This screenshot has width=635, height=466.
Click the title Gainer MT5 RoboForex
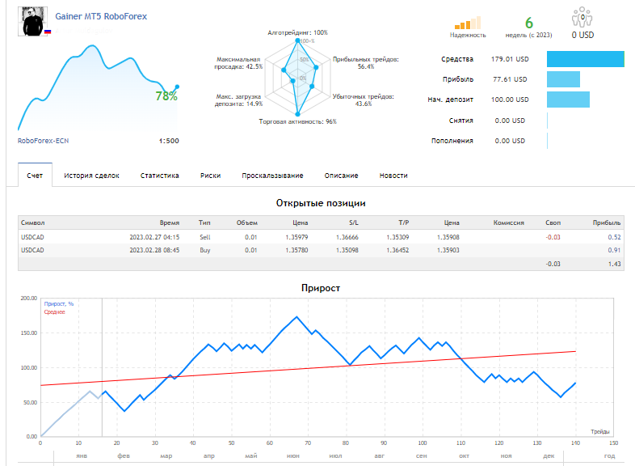(x=101, y=16)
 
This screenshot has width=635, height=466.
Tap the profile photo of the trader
(x=33, y=21)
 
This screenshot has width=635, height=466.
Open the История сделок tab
(x=91, y=176)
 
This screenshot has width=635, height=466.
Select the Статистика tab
(x=160, y=176)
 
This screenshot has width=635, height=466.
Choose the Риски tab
(x=210, y=176)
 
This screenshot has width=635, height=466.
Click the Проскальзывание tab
(x=272, y=176)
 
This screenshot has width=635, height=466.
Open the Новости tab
(x=393, y=176)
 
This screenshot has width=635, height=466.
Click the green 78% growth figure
(x=166, y=96)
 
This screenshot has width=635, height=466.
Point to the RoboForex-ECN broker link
(x=43, y=141)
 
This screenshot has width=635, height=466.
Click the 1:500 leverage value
(x=169, y=141)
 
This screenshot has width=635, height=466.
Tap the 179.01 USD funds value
(x=510, y=59)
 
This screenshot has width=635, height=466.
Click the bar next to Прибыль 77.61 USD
(x=563, y=79)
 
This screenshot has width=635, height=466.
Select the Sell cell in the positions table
(x=205, y=237)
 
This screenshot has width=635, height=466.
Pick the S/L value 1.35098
(x=347, y=250)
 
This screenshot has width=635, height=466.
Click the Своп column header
(x=553, y=222)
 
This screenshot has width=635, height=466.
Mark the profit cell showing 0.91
(x=614, y=250)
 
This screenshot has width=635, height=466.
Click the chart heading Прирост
(x=321, y=288)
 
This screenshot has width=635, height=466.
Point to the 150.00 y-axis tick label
(x=29, y=333)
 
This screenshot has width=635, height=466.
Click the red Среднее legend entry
(x=55, y=312)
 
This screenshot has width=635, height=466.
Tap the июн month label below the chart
(x=293, y=455)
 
